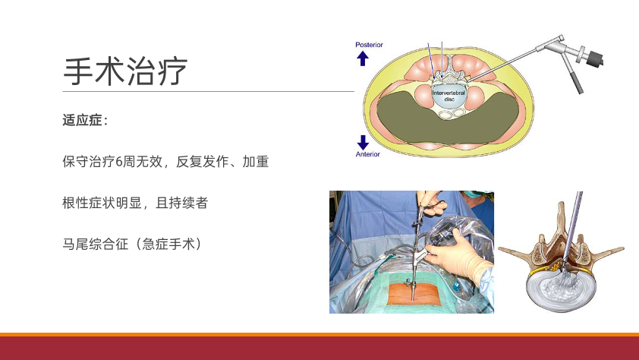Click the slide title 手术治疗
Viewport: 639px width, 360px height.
tap(125, 71)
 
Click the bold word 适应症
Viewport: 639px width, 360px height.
tap(82, 120)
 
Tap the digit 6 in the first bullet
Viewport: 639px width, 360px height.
tap(119, 162)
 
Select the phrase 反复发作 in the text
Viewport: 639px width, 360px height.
tap(202, 162)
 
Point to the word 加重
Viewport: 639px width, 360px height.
tap(256, 162)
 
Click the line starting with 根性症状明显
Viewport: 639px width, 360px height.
tap(135, 203)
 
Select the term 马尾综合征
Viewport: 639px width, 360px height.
tap(96, 244)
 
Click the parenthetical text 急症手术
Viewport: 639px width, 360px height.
tap(168, 244)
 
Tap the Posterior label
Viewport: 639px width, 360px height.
tap(369, 45)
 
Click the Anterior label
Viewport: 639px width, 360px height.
tap(367, 154)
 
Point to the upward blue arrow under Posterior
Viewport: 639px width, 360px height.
tap(363, 58)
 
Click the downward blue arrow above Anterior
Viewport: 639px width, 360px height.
tap(363, 142)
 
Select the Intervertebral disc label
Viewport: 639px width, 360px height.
tap(449, 96)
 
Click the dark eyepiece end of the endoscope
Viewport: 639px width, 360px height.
tap(594, 58)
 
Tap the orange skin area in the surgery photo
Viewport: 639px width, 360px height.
tap(411, 294)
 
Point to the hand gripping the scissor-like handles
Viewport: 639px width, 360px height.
tap(433, 203)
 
